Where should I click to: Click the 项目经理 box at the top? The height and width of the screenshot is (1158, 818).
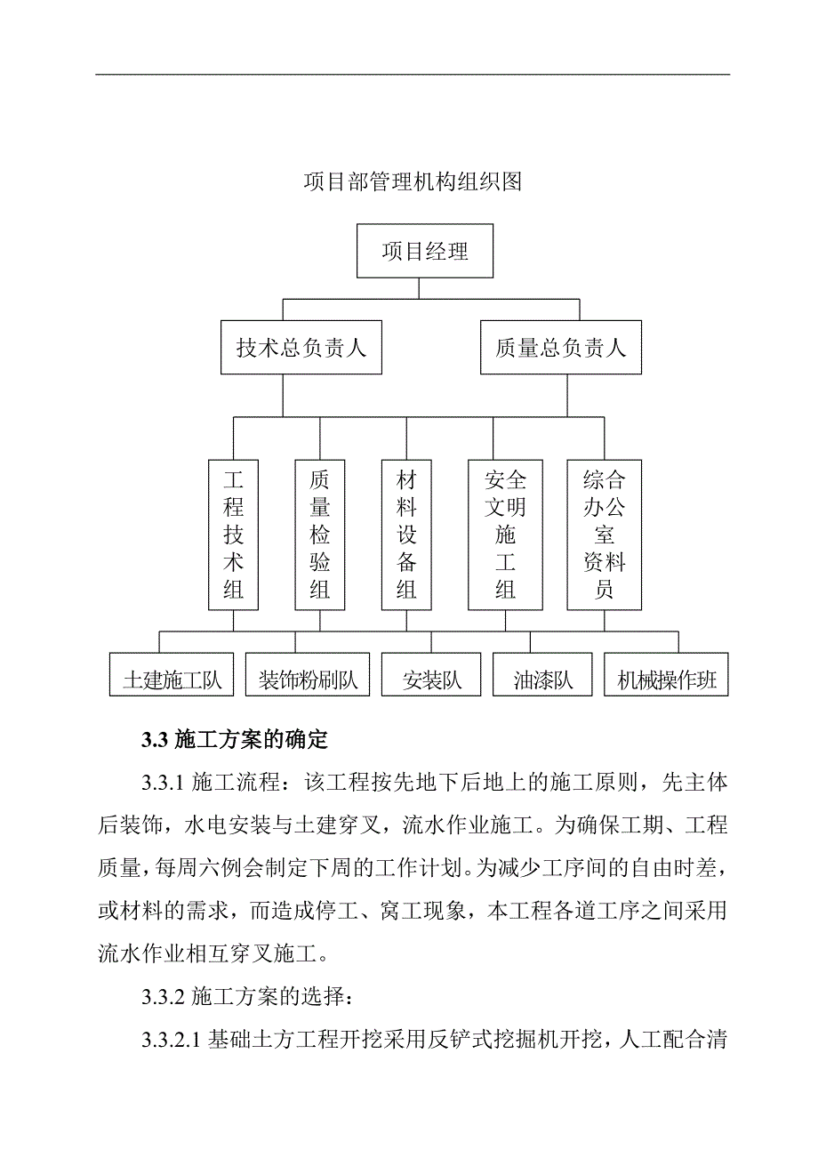pyautogui.click(x=425, y=251)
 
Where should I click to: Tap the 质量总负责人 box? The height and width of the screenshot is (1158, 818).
pyautogui.click(x=560, y=347)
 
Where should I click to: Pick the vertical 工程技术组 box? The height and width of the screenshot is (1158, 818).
pyautogui.click(x=234, y=535)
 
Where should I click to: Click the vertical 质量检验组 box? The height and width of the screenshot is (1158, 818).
pyautogui.click(x=320, y=535)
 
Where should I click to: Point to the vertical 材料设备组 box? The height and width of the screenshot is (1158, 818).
pyautogui.click(x=406, y=535)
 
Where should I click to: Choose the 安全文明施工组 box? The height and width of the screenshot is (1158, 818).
pyautogui.click(x=505, y=535)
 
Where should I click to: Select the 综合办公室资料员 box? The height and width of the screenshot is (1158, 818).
pyautogui.click(x=605, y=535)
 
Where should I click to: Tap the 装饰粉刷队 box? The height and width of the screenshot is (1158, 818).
pyautogui.click(x=308, y=681)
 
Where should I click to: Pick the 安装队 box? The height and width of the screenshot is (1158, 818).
pyautogui.click(x=432, y=681)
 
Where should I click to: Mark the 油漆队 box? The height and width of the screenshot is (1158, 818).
pyautogui.click(x=543, y=681)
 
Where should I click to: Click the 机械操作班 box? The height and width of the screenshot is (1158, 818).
pyautogui.click(x=666, y=681)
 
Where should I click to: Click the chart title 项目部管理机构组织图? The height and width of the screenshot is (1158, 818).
pyautogui.click(x=412, y=182)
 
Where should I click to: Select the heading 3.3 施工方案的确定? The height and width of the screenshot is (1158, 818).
pyautogui.click(x=235, y=739)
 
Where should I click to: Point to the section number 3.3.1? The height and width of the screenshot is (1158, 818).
pyautogui.click(x=161, y=782)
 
